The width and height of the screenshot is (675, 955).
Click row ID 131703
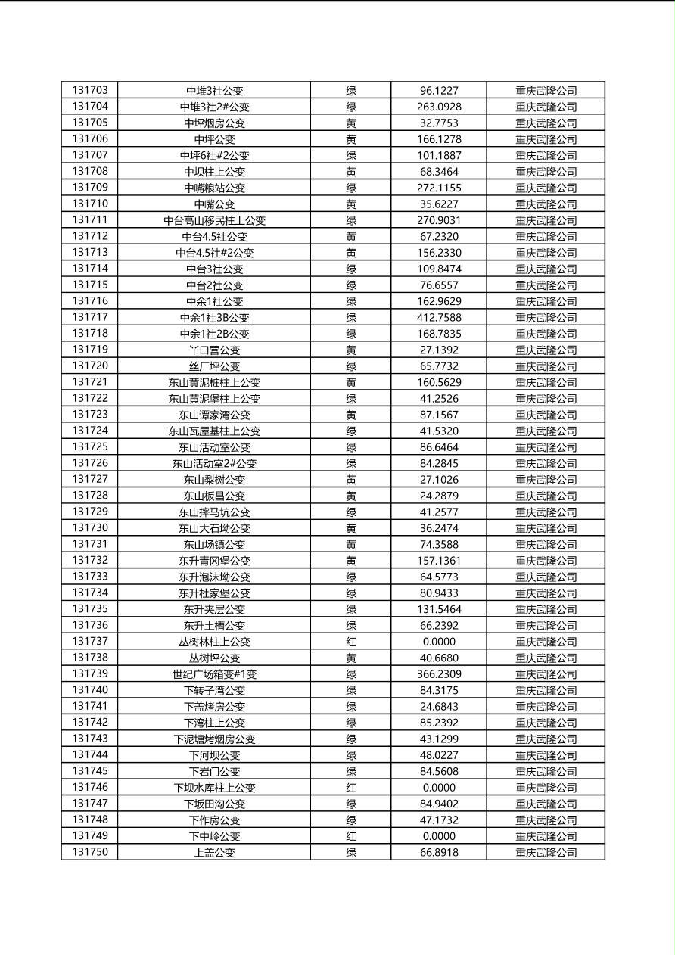[x=90, y=90]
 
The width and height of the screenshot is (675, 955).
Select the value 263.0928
[x=439, y=107]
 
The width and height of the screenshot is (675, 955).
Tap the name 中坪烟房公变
[x=214, y=123]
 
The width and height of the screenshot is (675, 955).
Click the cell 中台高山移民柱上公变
[x=214, y=220]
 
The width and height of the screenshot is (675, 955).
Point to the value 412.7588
[x=439, y=318]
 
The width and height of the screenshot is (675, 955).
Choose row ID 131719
[x=90, y=350]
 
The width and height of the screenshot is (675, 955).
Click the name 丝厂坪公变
[x=214, y=366]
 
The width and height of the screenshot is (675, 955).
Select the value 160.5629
[x=439, y=382]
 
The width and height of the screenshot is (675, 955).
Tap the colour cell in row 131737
[x=351, y=642]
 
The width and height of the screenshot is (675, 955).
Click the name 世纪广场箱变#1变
[x=214, y=674]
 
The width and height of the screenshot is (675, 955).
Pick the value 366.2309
[x=439, y=674]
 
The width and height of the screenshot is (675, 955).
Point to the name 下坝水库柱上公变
[x=214, y=788]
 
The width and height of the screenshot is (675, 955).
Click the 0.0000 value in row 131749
[x=439, y=836]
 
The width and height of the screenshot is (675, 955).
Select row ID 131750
[x=90, y=852]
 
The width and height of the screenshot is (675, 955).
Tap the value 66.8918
[x=439, y=853]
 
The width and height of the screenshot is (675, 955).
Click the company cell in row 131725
[x=546, y=447]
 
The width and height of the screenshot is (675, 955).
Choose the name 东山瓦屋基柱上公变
[x=214, y=431]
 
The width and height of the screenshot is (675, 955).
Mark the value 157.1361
[x=439, y=561]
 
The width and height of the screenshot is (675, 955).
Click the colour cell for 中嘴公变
[x=351, y=204]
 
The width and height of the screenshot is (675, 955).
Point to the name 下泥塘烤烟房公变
[x=214, y=739]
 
